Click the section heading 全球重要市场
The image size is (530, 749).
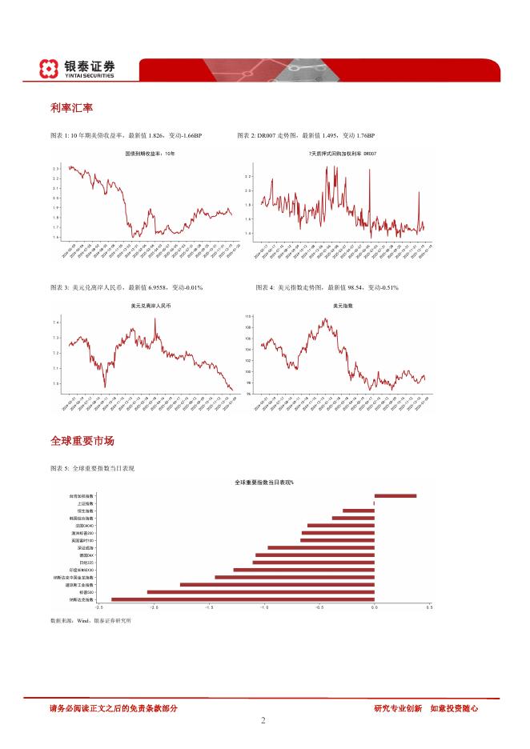tap(82, 441)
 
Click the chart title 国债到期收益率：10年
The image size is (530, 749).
tap(150, 152)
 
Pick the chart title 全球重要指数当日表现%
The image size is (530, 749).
tap(264, 483)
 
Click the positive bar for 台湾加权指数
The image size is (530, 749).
tap(395, 496)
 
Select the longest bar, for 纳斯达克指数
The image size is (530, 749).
tap(243, 599)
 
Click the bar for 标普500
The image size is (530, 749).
tap(261, 591)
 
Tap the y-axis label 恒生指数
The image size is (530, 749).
tap(85, 511)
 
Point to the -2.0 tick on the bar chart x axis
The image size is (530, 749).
tap(154, 608)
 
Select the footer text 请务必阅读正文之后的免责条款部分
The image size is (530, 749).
tap(113, 707)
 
